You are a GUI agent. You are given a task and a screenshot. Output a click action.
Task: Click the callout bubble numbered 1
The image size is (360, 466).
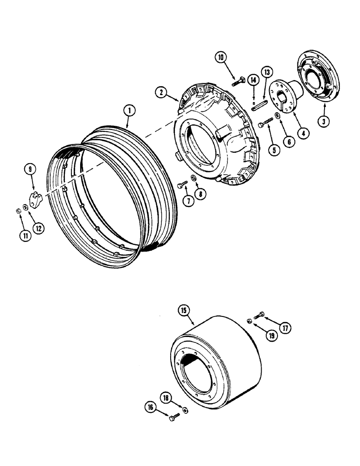click(x=128, y=111)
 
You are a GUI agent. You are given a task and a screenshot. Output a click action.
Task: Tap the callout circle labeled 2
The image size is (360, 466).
click(x=161, y=93)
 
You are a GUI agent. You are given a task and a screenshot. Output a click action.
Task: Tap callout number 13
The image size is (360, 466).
click(x=267, y=72)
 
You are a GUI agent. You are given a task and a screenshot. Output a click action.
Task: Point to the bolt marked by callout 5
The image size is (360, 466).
click(x=266, y=123)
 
